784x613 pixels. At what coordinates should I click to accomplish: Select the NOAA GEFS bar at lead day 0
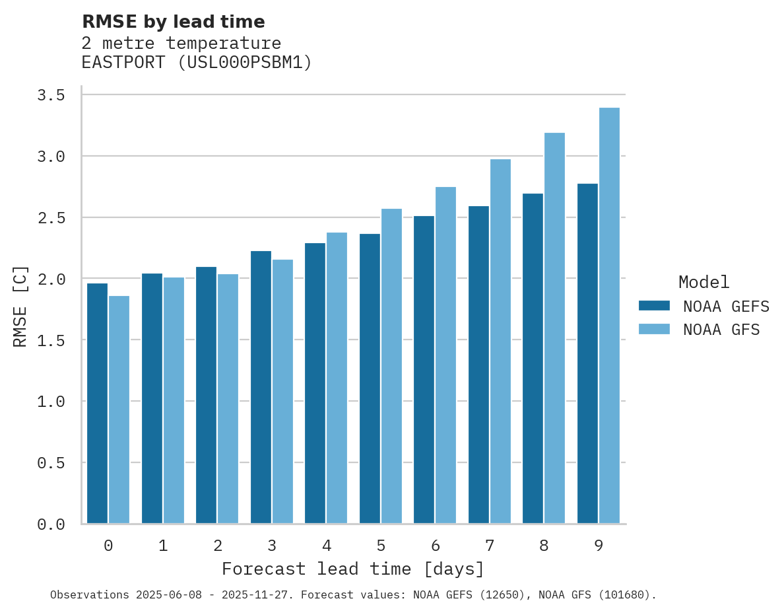click(x=97, y=403)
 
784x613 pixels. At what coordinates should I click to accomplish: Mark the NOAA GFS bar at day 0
click(x=119, y=410)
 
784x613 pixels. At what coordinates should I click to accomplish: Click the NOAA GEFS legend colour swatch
click(x=654, y=306)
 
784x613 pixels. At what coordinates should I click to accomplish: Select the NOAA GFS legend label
click(x=721, y=330)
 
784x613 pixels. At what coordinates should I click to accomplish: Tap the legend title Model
click(x=703, y=282)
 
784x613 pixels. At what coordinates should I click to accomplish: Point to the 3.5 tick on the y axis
click(x=51, y=96)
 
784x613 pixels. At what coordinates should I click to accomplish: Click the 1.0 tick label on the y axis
click(x=51, y=402)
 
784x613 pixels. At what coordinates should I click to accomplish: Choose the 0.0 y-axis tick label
click(x=51, y=524)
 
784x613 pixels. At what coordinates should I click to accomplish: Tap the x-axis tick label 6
click(x=436, y=546)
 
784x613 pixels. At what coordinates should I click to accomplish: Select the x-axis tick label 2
click(x=218, y=546)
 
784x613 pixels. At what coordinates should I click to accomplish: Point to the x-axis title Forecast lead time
click(x=353, y=569)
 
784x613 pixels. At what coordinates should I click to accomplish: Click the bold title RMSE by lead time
click(x=173, y=22)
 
